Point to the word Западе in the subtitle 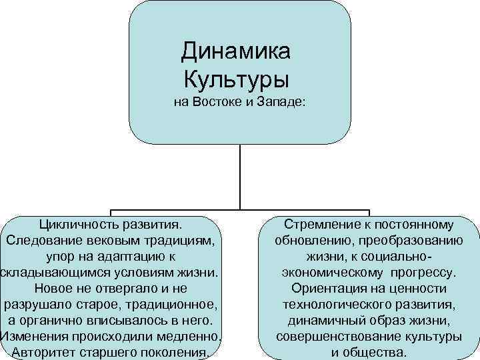click(281, 103)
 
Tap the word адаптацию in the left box click(127, 256)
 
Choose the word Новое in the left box click(51, 288)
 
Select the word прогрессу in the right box click(422, 272)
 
